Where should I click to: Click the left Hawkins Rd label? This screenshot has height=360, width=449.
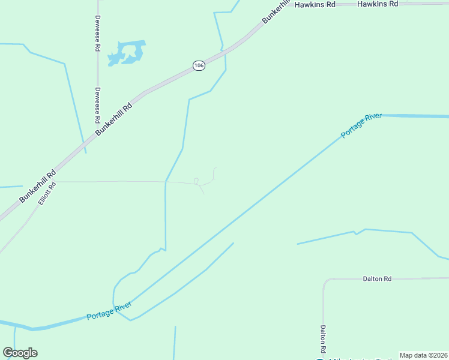[x=314, y=4]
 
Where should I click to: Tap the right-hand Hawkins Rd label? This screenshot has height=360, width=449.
[x=378, y=4]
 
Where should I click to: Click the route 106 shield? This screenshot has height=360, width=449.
[x=199, y=65]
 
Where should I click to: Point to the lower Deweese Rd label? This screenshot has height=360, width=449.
[x=97, y=105]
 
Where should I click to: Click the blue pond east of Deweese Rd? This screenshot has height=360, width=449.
[x=127, y=53]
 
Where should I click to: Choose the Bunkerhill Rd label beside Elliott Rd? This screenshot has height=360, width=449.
[x=37, y=185]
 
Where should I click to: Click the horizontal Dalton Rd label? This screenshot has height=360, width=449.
[x=377, y=279]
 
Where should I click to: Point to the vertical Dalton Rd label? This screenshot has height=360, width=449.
[x=323, y=339]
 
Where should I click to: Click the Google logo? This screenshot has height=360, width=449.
[x=20, y=353]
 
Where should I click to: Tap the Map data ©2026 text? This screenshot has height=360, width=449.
[x=423, y=355]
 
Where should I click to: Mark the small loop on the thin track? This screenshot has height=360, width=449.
[x=196, y=181]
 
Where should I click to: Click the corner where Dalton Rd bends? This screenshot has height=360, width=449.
[x=325, y=281]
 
